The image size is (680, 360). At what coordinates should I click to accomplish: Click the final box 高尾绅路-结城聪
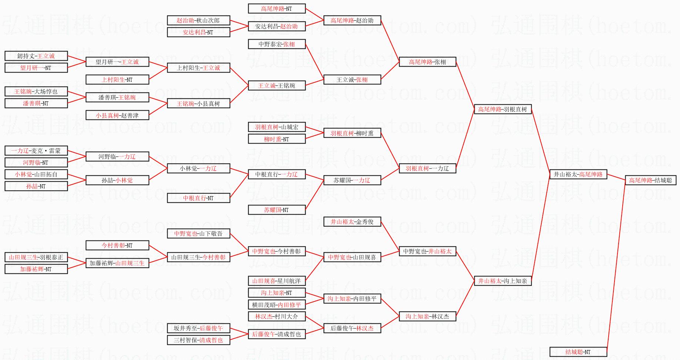point(650,180)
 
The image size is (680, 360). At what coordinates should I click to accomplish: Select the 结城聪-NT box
point(578,352)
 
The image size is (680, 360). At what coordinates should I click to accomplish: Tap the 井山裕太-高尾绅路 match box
point(578,174)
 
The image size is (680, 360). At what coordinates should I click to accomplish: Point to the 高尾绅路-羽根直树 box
point(502,109)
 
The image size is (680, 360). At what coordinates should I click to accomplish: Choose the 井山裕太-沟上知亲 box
point(502,281)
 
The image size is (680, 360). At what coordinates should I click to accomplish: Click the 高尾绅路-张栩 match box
point(427,62)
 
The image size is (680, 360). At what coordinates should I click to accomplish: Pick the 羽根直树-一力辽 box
point(427,168)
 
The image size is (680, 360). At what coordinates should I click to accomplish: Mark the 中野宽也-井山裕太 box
point(427,251)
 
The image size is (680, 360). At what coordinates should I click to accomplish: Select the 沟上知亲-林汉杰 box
point(427,316)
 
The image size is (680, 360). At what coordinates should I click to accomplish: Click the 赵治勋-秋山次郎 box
point(198,20)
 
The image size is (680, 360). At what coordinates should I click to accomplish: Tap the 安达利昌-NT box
point(198,32)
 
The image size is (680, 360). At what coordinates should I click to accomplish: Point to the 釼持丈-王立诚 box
point(36,56)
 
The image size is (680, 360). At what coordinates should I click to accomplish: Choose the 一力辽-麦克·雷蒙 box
point(36,151)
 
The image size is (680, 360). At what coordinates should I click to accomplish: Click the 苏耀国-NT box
point(276,210)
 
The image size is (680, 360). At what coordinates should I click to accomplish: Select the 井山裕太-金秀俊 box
point(352,222)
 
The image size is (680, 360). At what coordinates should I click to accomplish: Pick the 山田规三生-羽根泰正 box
point(36,257)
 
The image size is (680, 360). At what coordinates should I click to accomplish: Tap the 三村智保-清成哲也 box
point(198,340)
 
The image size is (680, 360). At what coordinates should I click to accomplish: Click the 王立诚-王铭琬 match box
point(276,85)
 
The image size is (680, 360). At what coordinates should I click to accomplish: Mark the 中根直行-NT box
point(198,198)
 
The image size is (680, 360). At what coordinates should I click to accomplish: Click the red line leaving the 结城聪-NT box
point(616,266)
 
